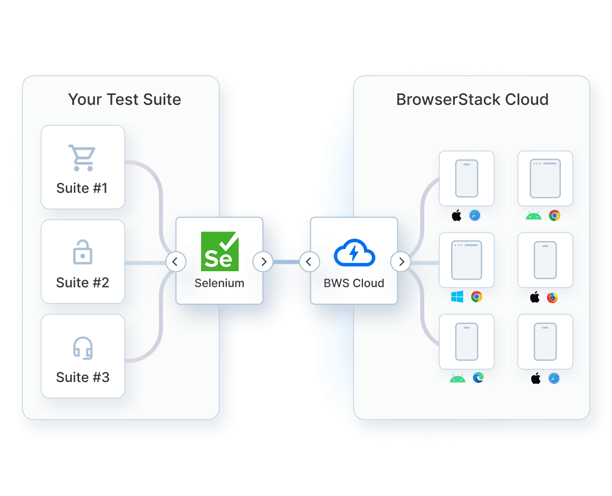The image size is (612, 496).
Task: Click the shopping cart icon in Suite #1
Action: click(x=82, y=158)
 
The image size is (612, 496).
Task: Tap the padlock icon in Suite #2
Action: click(x=82, y=253)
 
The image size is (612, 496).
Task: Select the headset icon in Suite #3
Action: click(x=83, y=348)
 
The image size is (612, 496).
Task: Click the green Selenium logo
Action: click(x=219, y=252)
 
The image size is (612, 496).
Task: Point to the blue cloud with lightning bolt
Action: click(x=354, y=253)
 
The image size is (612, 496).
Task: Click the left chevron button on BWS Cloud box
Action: click(x=309, y=261)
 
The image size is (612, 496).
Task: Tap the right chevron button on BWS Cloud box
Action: click(x=401, y=261)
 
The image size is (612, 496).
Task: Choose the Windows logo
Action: click(x=457, y=297)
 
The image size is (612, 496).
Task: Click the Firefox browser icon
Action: click(x=552, y=298)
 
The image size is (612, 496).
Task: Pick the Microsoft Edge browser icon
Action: click(x=479, y=378)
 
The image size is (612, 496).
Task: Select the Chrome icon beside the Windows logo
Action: click(x=476, y=297)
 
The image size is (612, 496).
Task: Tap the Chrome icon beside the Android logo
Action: click(x=554, y=215)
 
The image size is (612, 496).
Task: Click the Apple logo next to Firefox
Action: click(x=535, y=298)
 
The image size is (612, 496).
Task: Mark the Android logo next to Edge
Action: click(x=457, y=378)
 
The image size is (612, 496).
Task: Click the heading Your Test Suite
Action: click(x=125, y=100)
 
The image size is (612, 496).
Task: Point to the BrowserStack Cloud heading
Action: click(x=472, y=100)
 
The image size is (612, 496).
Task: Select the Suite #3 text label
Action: click(x=83, y=377)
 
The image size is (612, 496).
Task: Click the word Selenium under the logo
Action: click(x=219, y=283)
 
